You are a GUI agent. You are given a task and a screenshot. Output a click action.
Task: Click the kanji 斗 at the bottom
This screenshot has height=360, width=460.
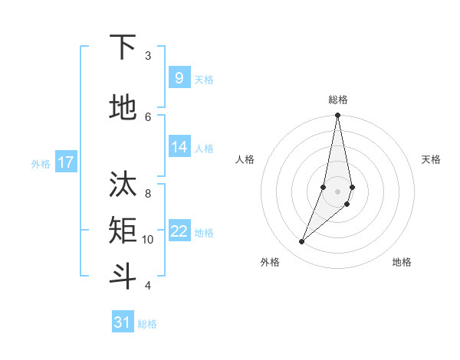tap(123, 276)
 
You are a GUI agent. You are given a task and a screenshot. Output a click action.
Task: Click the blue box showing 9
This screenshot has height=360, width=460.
tap(179, 77)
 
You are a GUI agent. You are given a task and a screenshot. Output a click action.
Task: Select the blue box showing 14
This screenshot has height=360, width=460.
tap(179, 147)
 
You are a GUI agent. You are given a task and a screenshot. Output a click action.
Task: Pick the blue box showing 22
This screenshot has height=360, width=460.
tap(179, 231)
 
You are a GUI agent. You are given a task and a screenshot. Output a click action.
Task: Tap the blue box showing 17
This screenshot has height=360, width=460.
tap(66, 162)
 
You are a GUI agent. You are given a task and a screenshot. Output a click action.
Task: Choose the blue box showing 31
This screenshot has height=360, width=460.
tap(123, 322)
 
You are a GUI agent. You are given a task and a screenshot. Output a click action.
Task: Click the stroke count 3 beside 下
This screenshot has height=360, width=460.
tap(148, 56)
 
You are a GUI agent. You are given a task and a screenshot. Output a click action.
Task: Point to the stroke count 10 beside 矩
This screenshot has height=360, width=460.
tap(148, 240)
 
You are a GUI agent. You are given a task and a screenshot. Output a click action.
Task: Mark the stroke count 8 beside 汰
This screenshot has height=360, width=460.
tap(148, 194)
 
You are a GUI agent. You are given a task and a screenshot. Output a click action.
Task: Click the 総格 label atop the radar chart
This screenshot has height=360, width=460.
tap(338, 100)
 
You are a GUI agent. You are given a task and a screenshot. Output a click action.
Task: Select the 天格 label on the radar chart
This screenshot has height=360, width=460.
tap(431, 159)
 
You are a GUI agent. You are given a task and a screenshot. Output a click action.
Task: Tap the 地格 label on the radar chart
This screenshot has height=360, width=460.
tap(402, 262)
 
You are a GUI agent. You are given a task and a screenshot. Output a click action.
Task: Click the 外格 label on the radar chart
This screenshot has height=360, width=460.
tap(270, 262)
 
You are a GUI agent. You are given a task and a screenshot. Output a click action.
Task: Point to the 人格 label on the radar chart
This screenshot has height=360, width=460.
tap(245, 159)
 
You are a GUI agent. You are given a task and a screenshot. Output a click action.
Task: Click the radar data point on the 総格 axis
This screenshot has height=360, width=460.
tap(337, 116)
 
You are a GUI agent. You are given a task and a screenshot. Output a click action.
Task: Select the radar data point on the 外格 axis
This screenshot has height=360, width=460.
tap(302, 242)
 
